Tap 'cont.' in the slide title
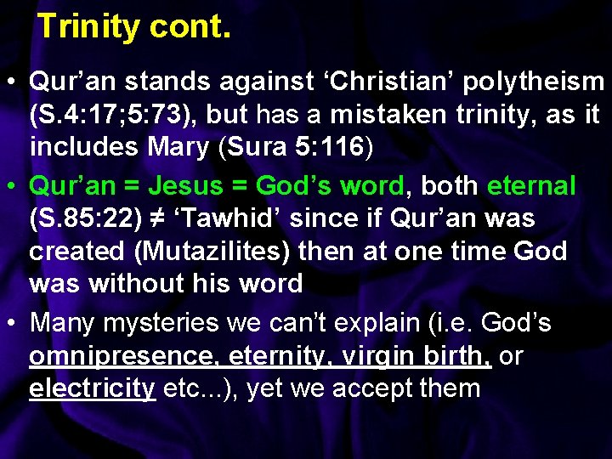[x=190, y=27]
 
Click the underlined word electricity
[x=92, y=389]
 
